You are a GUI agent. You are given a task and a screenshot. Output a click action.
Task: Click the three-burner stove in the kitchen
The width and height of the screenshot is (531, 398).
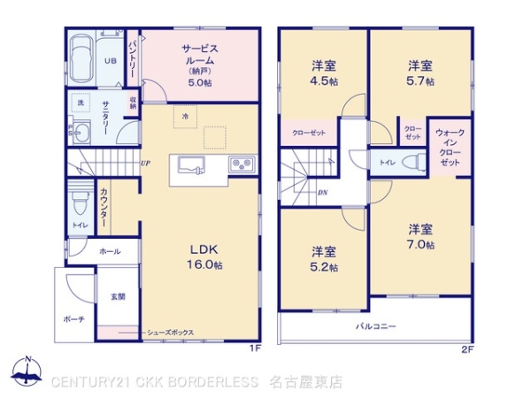[242, 165]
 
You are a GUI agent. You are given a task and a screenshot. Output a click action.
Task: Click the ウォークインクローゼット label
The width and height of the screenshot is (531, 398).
[450, 148]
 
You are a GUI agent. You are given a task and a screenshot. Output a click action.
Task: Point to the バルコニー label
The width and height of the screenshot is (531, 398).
[376, 326]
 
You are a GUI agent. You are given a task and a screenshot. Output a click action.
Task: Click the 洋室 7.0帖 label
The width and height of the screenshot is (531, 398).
[420, 236]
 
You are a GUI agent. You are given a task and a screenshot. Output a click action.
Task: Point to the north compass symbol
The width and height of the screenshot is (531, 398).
[27, 372]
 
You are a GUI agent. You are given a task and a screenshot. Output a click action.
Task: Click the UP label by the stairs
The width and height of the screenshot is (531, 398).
[144, 164]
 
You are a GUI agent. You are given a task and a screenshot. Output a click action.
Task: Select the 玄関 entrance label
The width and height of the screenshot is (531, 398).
[118, 296]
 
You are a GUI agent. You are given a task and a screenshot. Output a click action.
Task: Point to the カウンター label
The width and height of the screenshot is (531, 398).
[104, 210]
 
